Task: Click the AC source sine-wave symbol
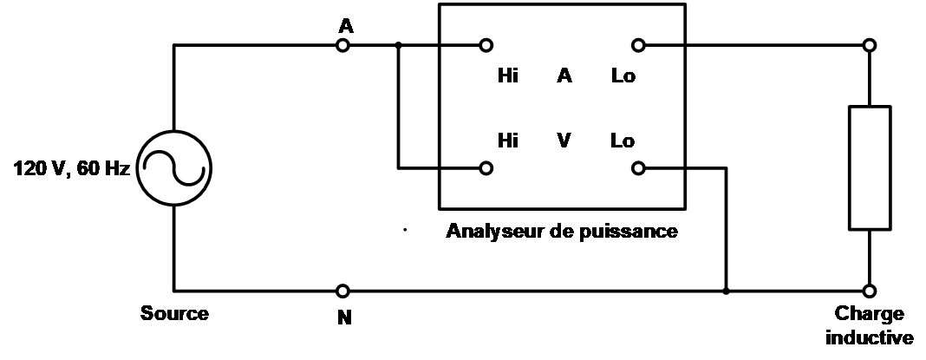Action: [x=175, y=167]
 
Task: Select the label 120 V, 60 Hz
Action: [x=71, y=168]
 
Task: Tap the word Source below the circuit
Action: [x=175, y=313]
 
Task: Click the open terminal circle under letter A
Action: [x=344, y=45]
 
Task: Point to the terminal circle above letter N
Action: [x=344, y=291]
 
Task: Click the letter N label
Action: [x=344, y=317]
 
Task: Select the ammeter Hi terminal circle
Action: [x=486, y=45]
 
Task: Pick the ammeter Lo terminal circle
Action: [x=639, y=45]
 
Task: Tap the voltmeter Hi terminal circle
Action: [x=486, y=167]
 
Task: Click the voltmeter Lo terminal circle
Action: [x=639, y=167]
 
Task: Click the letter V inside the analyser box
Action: [x=564, y=141]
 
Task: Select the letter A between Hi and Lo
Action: [x=564, y=75]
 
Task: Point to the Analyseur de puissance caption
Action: [x=560, y=232]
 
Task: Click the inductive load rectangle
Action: [x=869, y=167]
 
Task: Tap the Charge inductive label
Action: [x=869, y=325]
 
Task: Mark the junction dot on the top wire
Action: [x=398, y=45]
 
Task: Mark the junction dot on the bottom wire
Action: [x=726, y=291]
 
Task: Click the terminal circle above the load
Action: [x=869, y=45]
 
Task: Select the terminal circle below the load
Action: [x=869, y=291]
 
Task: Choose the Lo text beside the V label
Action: [x=623, y=141]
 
